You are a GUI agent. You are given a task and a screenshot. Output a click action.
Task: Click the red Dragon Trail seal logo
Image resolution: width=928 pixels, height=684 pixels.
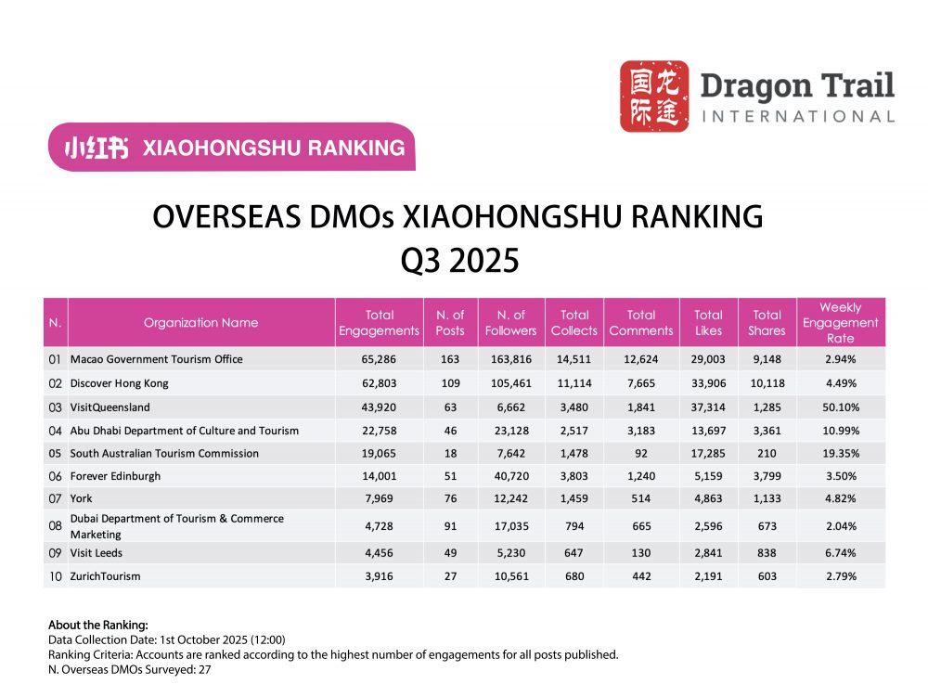(654, 96)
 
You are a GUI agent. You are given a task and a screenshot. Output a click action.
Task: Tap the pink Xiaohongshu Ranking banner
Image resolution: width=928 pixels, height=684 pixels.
(232, 147)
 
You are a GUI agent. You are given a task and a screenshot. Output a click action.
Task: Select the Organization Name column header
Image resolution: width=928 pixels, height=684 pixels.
(200, 323)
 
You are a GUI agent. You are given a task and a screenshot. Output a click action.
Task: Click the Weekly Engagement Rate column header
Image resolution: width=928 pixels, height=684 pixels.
(840, 322)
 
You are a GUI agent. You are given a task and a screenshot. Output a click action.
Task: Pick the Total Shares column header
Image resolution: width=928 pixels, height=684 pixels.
(767, 322)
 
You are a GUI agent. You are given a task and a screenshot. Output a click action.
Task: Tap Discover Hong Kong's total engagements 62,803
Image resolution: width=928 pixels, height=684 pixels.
(379, 382)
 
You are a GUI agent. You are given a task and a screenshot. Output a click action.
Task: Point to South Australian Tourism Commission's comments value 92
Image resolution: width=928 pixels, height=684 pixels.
(640, 453)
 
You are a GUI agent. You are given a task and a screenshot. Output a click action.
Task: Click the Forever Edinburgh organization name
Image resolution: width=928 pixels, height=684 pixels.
(115, 476)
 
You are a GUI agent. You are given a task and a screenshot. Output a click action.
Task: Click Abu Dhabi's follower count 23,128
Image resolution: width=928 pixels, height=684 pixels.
(510, 430)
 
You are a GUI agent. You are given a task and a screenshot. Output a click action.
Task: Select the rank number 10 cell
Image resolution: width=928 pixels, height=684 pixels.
(55, 576)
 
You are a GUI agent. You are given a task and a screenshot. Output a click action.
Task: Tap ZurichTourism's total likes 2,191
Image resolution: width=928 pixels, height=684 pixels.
(708, 576)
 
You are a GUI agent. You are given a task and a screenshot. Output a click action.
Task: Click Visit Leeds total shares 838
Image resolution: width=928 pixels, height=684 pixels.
(767, 552)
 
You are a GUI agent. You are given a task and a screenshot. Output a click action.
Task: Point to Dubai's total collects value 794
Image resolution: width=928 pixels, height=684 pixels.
(574, 527)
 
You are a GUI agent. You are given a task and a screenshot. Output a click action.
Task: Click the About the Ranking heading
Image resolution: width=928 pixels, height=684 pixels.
(97, 624)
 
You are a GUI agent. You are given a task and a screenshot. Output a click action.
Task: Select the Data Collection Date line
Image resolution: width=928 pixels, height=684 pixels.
(166, 639)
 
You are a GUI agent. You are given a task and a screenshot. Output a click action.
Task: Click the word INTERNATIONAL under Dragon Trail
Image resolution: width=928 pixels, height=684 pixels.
(797, 116)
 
